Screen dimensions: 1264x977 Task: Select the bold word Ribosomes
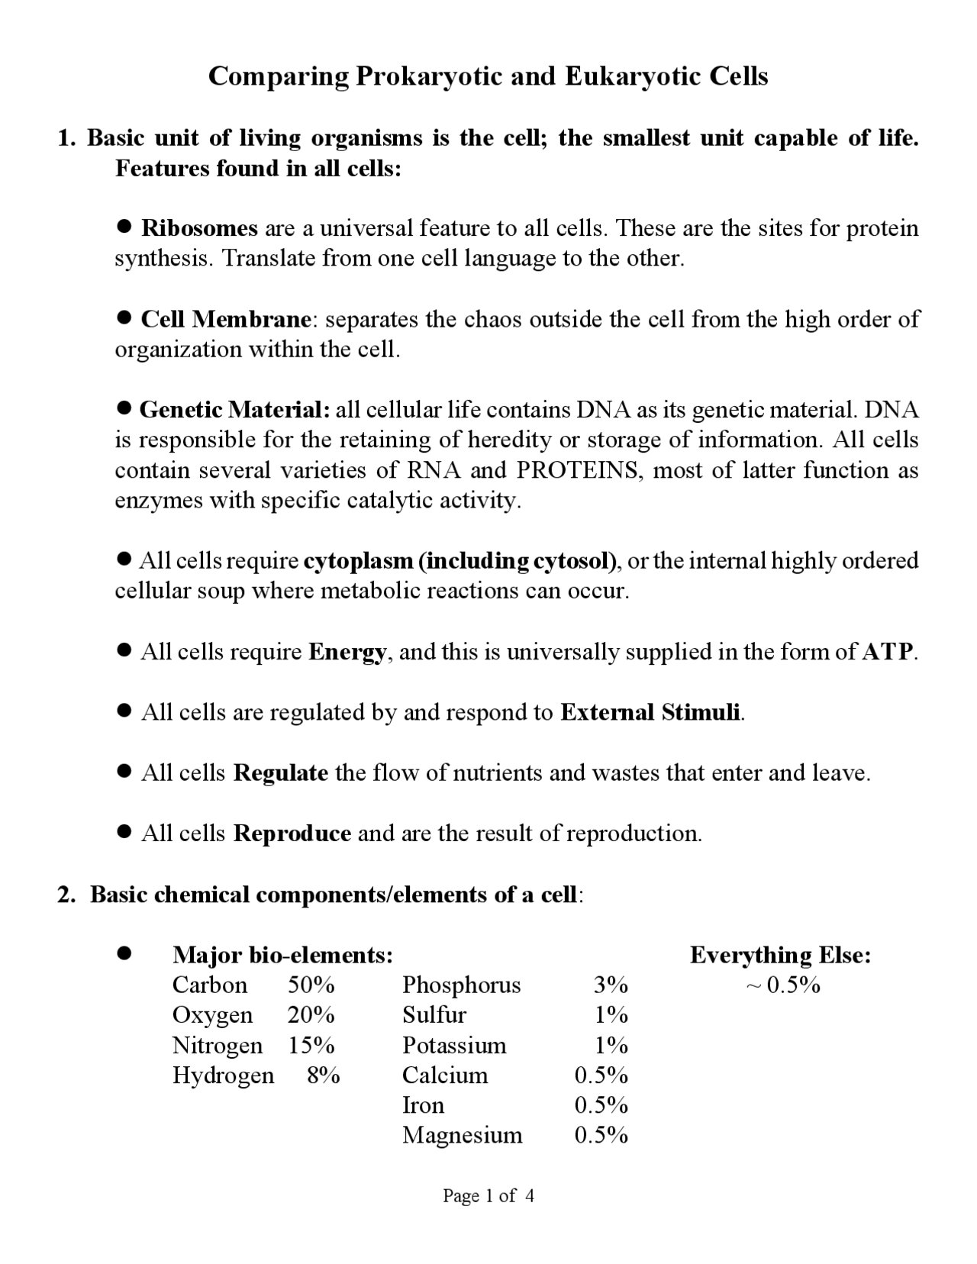[199, 228]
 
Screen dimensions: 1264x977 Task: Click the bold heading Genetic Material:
[234, 410]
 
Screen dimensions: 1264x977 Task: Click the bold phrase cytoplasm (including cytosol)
[460, 561]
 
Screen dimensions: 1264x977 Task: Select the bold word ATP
[887, 652]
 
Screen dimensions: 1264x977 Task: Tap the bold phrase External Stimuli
[650, 712]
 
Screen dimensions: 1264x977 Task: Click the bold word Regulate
[280, 773]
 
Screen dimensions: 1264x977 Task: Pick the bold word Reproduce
[292, 834]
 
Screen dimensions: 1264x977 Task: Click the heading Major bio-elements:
[283, 955]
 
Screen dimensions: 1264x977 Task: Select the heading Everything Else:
[780, 955]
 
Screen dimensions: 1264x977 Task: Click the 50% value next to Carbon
[311, 985]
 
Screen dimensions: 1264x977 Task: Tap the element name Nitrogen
[217, 1046]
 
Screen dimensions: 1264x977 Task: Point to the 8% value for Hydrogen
[323, 1075]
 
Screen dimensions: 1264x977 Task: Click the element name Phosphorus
[461, 985]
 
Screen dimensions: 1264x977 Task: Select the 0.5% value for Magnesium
[601, 1136]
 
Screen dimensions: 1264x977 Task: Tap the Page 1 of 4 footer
[488, 1196]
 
